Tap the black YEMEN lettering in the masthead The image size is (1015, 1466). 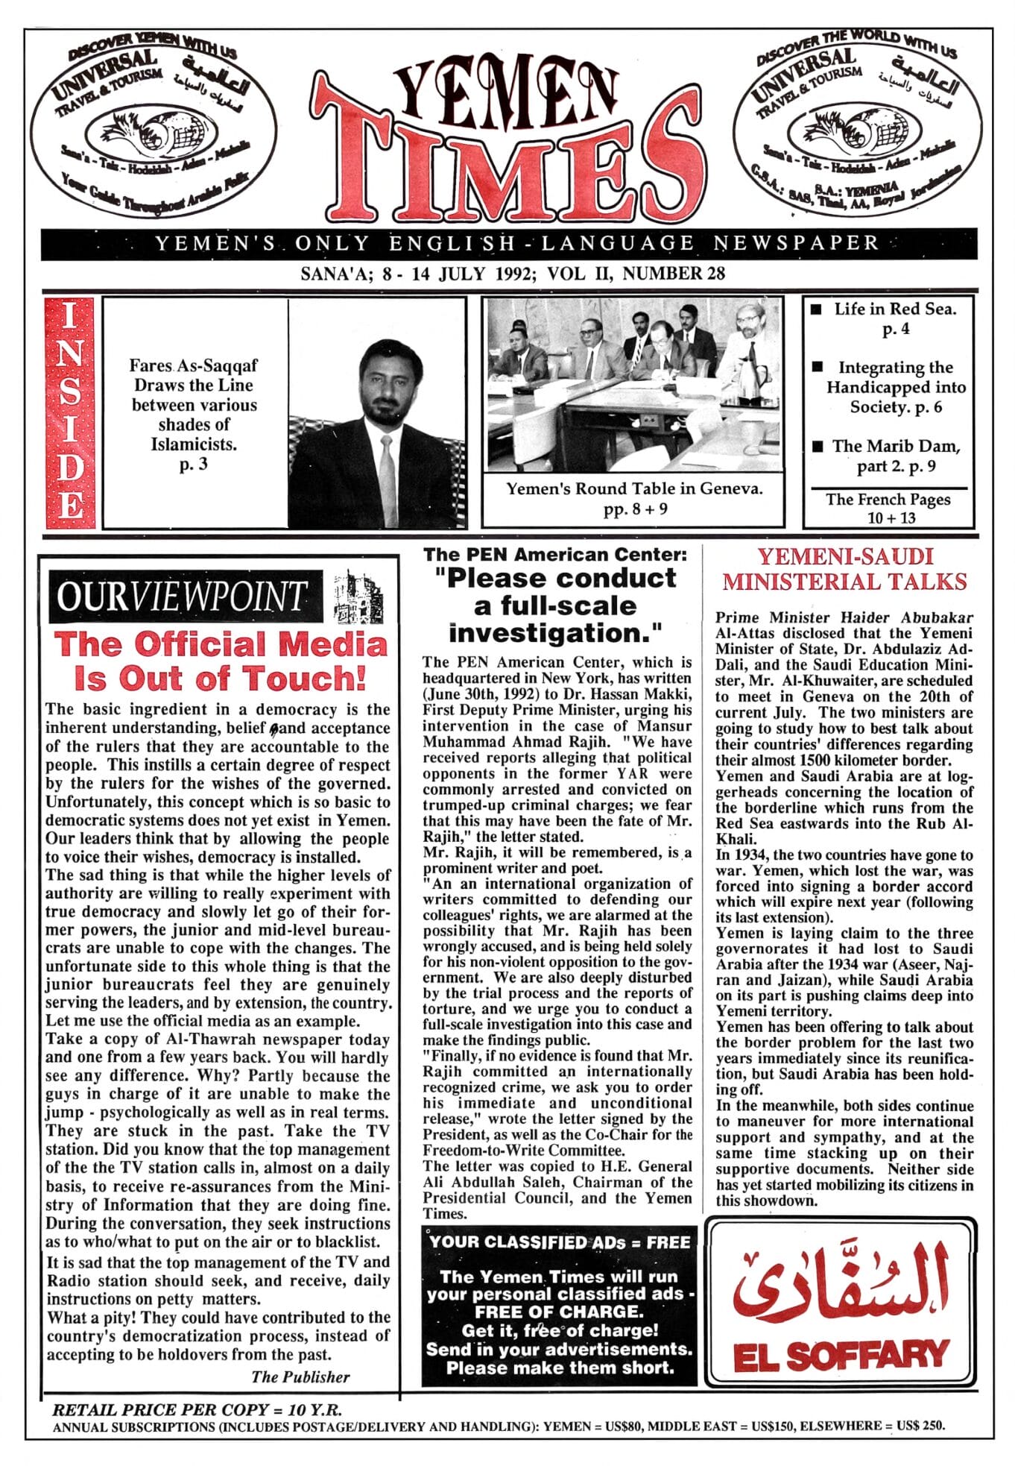coord(507,89)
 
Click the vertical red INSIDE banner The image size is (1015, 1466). coord(70,412)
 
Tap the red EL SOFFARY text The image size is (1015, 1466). coord(841,1356)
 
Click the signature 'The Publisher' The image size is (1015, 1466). coord(300,1377)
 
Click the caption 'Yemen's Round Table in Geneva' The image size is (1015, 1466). coord(633,489)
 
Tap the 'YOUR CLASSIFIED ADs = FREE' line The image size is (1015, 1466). coord(560,1242)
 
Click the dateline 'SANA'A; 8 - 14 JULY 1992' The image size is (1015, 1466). coord(513,274)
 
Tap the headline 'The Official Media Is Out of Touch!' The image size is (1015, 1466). coord(221,661)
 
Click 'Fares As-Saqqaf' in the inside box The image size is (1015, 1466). coord(193,365)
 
